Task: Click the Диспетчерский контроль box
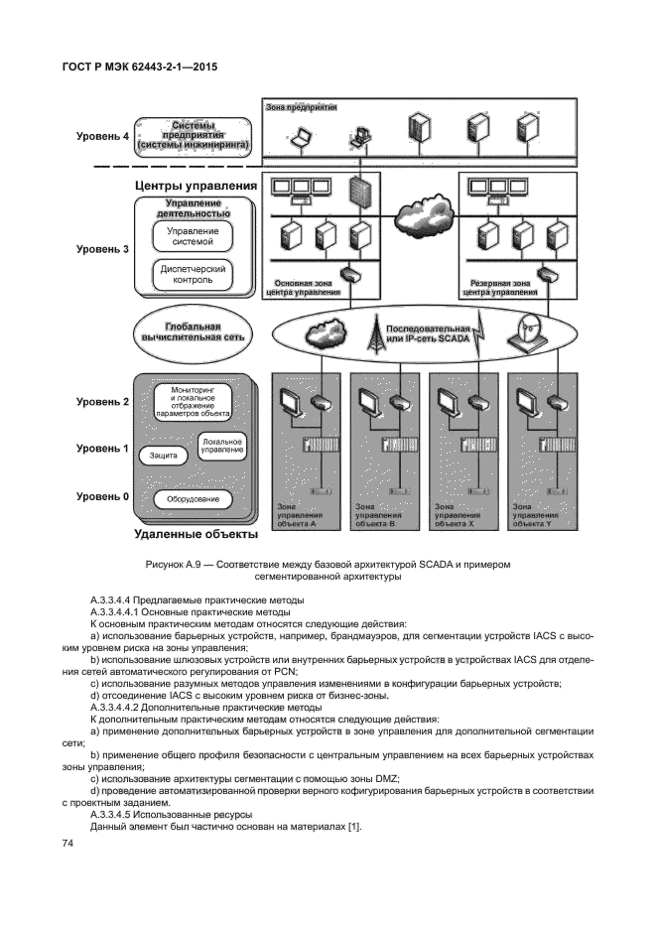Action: point(193,275)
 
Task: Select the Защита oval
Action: point(164,456)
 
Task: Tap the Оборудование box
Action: point(193,499)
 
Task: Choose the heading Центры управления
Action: point(196,186)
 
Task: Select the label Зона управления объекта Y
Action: point(535,515)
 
